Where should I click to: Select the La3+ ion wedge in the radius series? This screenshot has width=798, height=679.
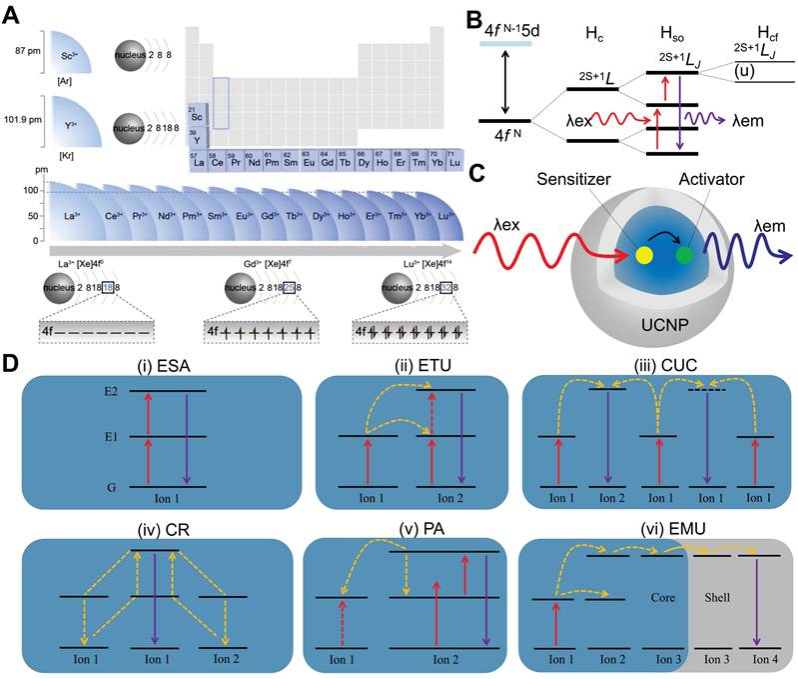coord(70,213)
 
